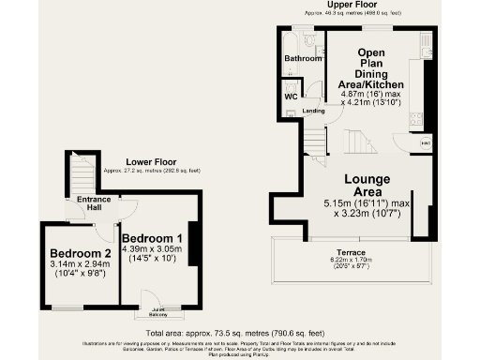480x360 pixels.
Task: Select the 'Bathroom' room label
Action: [x=303, y=58]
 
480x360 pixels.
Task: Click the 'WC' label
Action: [x=292, y=95]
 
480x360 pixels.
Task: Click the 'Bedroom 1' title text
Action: [x=152, y=237]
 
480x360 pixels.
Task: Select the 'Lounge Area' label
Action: [x=372, y=184]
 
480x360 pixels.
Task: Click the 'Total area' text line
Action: [x=240, y=333]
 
